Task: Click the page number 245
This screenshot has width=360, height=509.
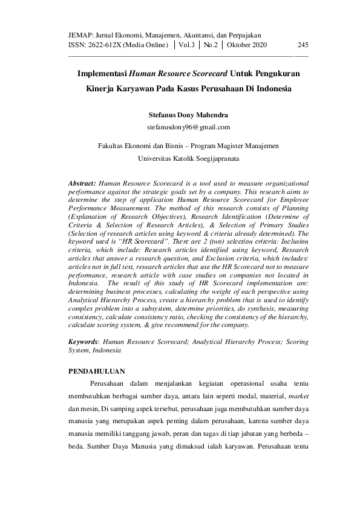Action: (303, 45)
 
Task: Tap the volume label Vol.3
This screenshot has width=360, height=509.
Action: (186, 45)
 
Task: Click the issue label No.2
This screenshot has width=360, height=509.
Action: (211, 45)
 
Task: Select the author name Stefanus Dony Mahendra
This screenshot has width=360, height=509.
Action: (188, 114)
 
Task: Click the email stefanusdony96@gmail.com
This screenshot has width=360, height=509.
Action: (188, 127)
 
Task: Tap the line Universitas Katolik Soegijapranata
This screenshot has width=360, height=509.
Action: (188, 158)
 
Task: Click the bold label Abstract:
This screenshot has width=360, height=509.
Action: (83, 181)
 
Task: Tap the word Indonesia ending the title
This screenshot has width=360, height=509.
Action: (271, 88)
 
